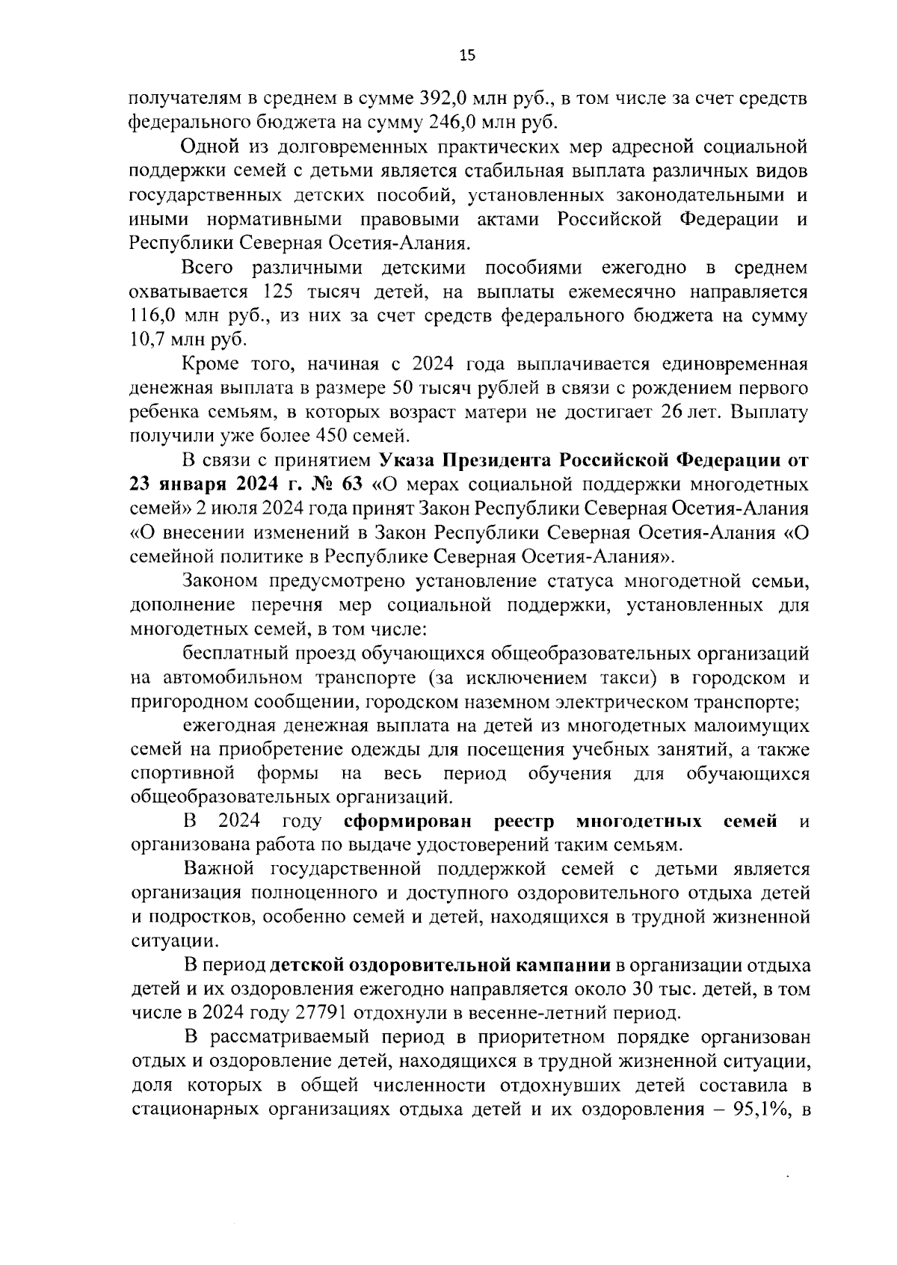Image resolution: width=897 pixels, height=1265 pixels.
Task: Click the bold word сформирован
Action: [409, 822]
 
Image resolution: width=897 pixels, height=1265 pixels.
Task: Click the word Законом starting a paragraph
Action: [221, 582]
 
